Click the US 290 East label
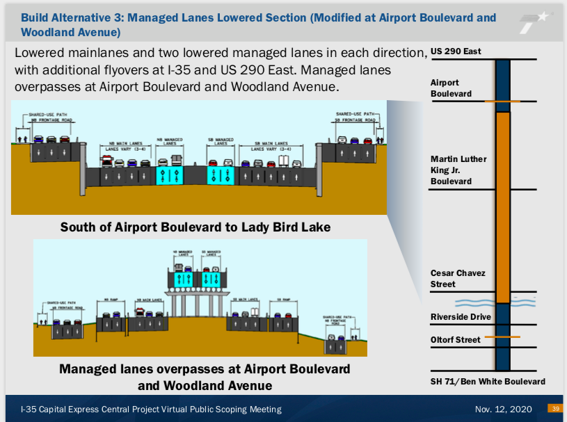(x=456, y=51)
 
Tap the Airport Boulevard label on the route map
(x=451, y=88)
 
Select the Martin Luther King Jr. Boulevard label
(x=458, y=170)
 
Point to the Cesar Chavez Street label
(x=458, y=279)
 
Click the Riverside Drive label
(x=461, y=317)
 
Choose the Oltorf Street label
(x=456, y=340)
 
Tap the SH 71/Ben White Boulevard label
(x=488, y=382)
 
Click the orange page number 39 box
(x=556, y=409)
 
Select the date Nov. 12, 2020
(x=504, y=409)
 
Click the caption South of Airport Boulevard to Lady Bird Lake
(x=195, y=227)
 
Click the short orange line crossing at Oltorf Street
(x=502, y=337)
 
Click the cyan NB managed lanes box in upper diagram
(x=170, y=174)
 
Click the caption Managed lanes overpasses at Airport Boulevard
(x=205, y=369)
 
